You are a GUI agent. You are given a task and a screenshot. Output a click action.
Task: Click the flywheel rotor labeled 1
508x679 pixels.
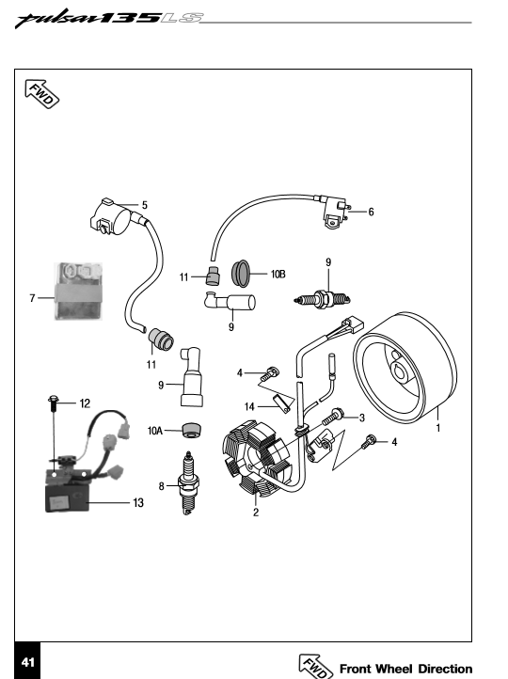[x=405, y=367]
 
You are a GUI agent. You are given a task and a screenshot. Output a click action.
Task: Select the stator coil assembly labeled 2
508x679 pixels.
[x=257, y=460]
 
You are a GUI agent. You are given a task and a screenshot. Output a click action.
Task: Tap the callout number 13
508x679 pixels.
[x=138, y=503]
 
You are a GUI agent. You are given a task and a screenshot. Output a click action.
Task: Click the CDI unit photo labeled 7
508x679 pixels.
[x=78, y=291]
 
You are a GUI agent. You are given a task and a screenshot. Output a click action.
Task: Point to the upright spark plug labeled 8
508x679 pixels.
[x=188, y=482]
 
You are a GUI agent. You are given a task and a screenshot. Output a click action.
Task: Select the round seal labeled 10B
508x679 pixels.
[x=241, y=273]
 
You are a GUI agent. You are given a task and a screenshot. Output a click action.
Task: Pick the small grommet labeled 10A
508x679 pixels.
[x=191, y=429]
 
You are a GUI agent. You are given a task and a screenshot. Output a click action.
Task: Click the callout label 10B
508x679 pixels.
[x=278, y=274]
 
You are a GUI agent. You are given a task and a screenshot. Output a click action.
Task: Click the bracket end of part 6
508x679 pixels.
[x=335, y=213]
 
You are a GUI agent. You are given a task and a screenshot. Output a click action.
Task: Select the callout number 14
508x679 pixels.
[x=249, y=406]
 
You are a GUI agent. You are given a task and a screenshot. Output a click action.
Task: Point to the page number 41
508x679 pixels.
[x=27, y=662]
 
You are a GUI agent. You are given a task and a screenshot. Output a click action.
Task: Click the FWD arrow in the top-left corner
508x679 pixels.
[x=41, y=93]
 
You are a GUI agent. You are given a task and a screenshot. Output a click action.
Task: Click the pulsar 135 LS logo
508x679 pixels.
[x=109, y=19]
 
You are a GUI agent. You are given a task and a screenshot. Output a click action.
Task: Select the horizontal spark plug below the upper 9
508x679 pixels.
[x=323, y=299]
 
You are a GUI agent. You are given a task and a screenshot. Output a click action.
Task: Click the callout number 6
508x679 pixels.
[x=372, y=212]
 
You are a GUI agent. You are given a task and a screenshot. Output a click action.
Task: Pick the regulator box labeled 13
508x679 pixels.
[x=68, y=498]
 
